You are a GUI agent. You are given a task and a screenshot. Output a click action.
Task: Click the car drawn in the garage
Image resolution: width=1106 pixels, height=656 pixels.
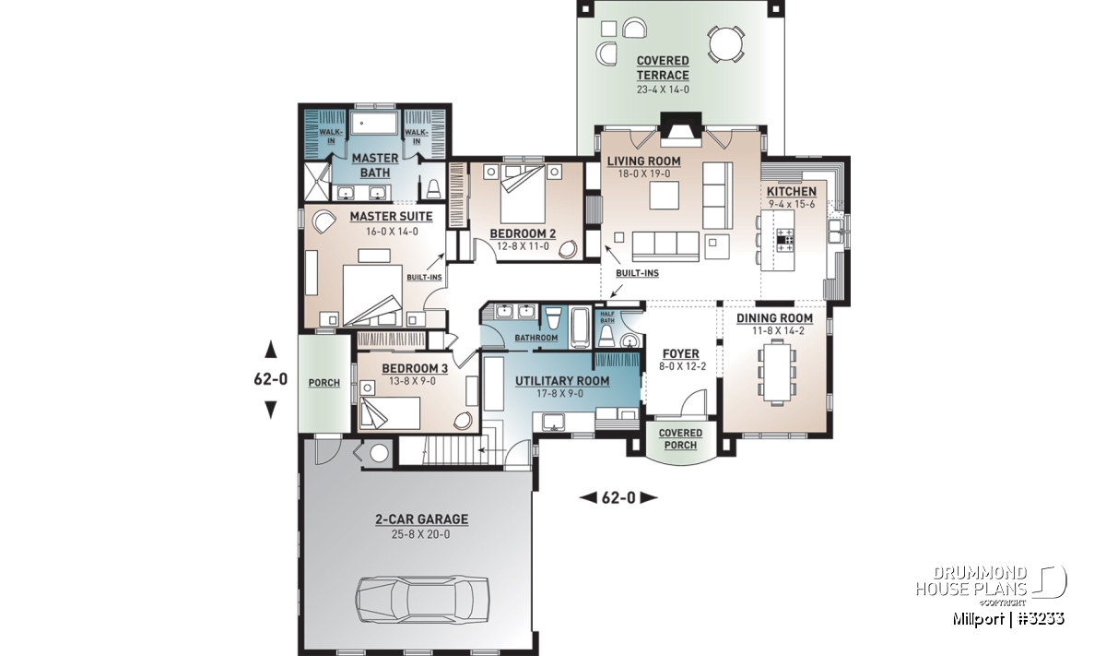point(423,601)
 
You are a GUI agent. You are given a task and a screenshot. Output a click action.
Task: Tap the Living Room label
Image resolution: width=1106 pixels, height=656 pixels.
point(644,161)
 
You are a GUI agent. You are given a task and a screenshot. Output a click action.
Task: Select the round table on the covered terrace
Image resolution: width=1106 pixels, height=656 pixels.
point(726,44)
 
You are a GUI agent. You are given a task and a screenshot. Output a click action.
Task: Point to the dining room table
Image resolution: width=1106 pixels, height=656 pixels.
point(777,372)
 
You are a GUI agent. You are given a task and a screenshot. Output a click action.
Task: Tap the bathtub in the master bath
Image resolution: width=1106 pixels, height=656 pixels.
point(375,123)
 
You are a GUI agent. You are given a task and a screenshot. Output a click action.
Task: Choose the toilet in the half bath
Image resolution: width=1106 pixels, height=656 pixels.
point(606,336)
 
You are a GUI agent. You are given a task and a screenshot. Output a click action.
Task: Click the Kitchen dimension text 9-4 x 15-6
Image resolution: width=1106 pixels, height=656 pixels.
point(792,204)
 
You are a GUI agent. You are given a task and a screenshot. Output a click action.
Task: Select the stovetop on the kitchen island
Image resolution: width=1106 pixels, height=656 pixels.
point(785,240)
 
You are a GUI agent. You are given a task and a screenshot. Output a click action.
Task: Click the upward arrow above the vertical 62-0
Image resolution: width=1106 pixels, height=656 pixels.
point(271,349)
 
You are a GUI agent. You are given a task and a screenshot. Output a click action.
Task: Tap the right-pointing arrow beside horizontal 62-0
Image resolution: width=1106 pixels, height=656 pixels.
point(649,498)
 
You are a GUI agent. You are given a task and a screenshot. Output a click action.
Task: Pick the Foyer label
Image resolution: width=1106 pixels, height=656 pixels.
point(681,354)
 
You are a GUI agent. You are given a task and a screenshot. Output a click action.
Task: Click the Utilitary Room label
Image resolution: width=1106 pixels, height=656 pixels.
point(562,381)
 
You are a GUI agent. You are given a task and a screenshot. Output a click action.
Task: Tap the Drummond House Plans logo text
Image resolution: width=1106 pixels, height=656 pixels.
point(971,581)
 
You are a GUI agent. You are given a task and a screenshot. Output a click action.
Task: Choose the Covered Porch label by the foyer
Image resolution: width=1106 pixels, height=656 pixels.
point(680,439)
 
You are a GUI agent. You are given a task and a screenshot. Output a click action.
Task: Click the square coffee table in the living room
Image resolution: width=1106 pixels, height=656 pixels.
point(665,196)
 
